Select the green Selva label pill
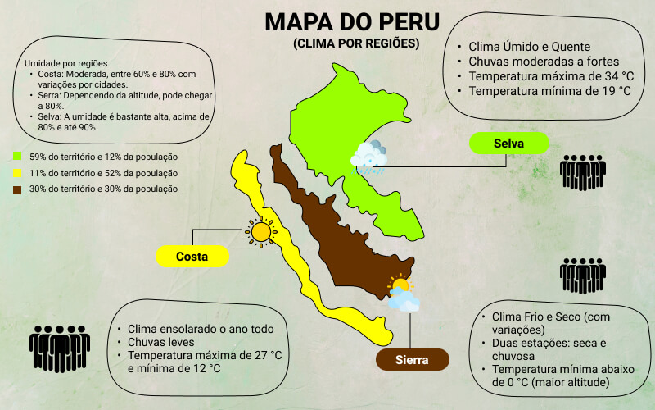coord(508,143)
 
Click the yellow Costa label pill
coord(192,256)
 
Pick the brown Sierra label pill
coord(413,360)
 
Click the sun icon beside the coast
coord(260,233)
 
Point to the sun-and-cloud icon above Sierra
coord(402,294)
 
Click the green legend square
coord(17,156)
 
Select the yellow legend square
coord(17,172)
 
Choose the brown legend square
coord(17,189)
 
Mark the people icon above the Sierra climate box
coord(582,277)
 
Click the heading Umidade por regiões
coord(66,63)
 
